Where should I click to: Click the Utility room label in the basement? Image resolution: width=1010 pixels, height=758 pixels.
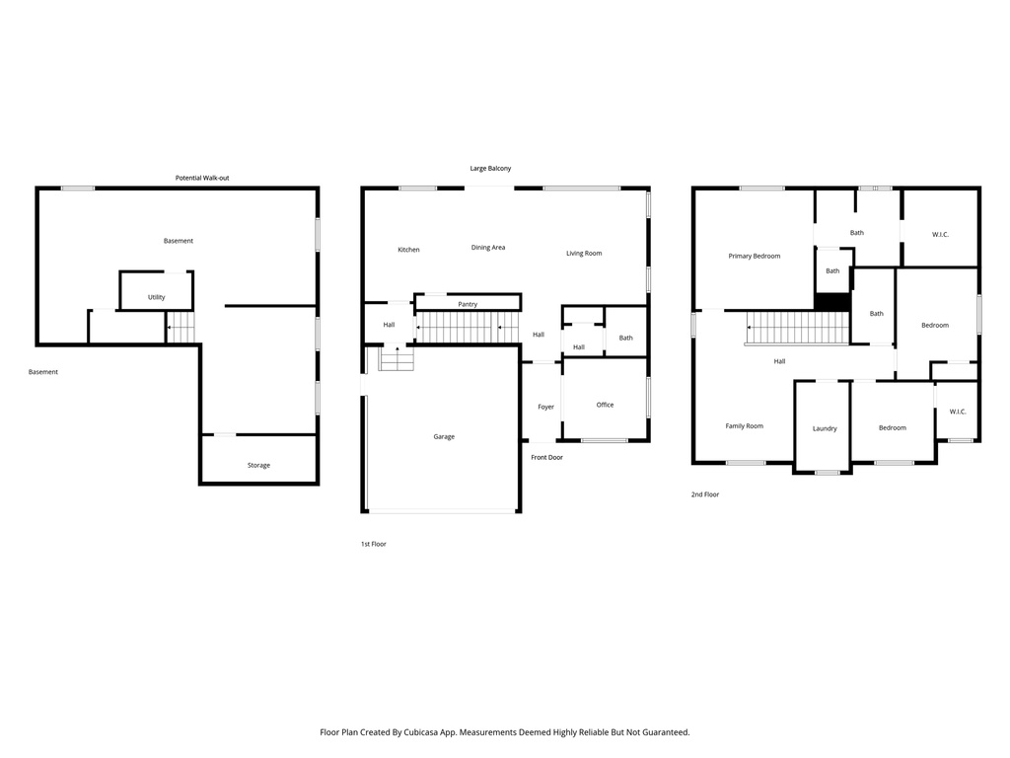(x=156, y=297)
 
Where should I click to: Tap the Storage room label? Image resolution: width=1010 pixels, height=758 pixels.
(x=258, y=465)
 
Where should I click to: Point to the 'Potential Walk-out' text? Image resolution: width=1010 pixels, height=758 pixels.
(x=202, y=178)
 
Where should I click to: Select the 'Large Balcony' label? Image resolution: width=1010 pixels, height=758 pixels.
(x=490, y=169)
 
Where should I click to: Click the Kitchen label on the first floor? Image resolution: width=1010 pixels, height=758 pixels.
(x=408, y=250)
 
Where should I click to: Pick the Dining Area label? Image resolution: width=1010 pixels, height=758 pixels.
(x=487, y=247)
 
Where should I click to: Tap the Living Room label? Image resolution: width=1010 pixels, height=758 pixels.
(x=583, y=254)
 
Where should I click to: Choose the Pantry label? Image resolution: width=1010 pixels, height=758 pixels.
(x=468, y=304)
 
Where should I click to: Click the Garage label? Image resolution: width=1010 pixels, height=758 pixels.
(x=444, y=436)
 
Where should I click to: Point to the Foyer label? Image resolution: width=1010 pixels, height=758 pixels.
(x=545, y=407)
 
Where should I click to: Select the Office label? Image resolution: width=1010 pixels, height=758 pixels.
(x=605, y=405)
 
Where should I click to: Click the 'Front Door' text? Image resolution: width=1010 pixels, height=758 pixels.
(x=546, y=457)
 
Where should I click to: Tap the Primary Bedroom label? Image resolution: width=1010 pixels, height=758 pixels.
(x=754, y=256)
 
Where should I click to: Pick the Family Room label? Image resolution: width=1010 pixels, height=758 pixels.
(x=744, y=426)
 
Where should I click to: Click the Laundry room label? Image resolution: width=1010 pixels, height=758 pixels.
(x=825, y=428)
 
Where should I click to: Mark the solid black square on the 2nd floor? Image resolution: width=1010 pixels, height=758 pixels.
(x=831, y=302)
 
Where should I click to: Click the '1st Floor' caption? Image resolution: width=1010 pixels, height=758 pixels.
(x=373, y=544)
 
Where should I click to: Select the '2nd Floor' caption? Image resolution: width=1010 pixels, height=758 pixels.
(x=704, y=494)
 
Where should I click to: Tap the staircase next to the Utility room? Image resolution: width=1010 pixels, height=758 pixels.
(x=180, y=327)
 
